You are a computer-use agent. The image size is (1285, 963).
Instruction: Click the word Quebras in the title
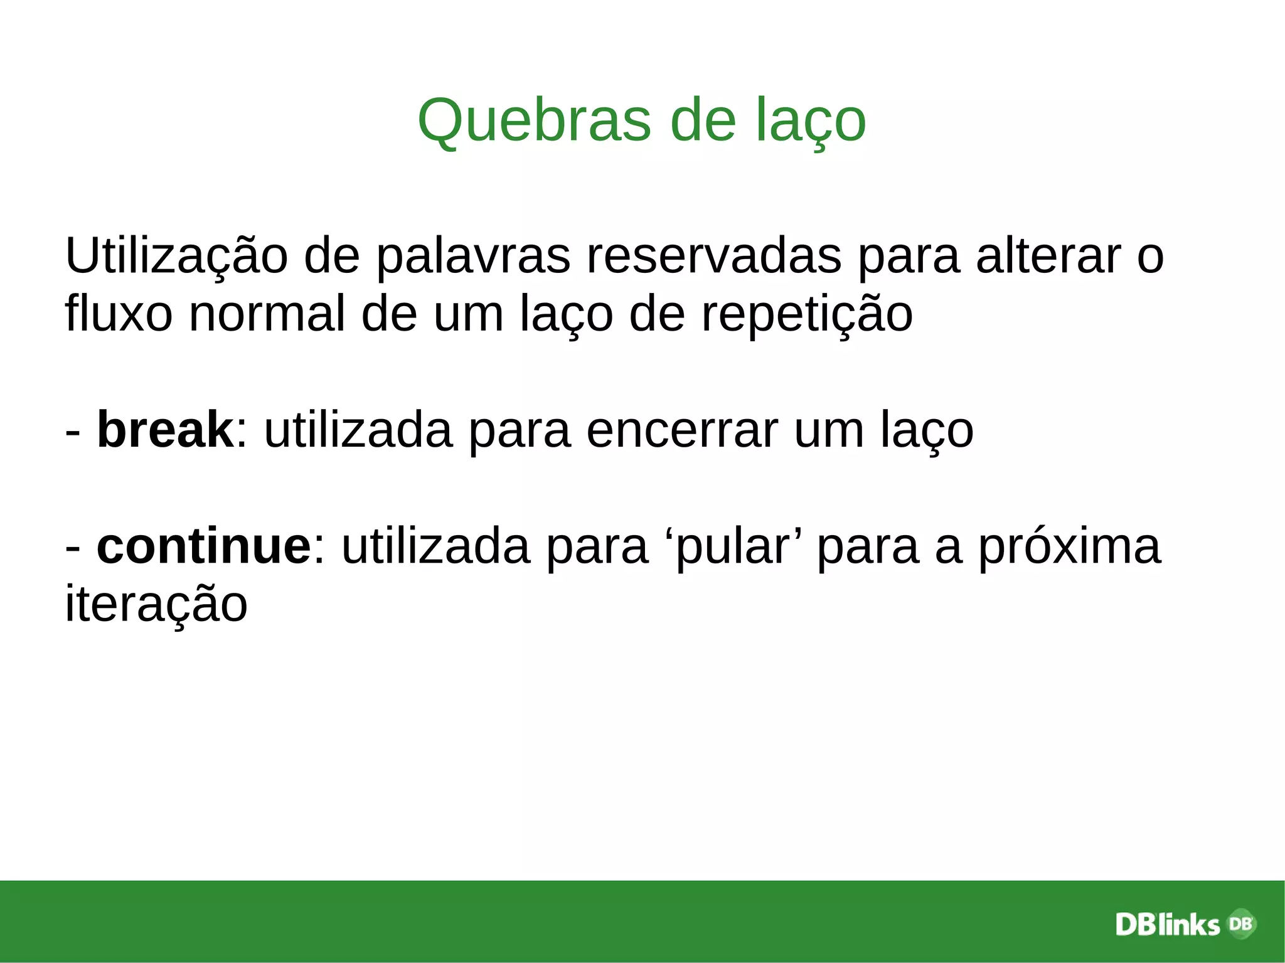click(534, 120)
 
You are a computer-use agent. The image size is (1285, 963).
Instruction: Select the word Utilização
click(176, 256)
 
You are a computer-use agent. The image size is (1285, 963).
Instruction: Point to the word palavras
click(473, 256)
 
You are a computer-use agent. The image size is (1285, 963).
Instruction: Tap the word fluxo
click(119, 313)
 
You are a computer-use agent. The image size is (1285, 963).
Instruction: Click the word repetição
click(806, 313)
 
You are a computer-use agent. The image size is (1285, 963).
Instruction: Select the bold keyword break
click(165, 430)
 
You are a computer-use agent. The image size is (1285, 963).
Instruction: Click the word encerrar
click(682, 430)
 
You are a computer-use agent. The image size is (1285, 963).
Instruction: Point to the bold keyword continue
click(204, 546)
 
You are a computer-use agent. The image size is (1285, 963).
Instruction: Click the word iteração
click(156, 604)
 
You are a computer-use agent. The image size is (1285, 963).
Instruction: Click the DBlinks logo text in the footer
click(1168, 924)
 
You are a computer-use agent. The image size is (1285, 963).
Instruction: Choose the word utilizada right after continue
click(435, 546)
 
